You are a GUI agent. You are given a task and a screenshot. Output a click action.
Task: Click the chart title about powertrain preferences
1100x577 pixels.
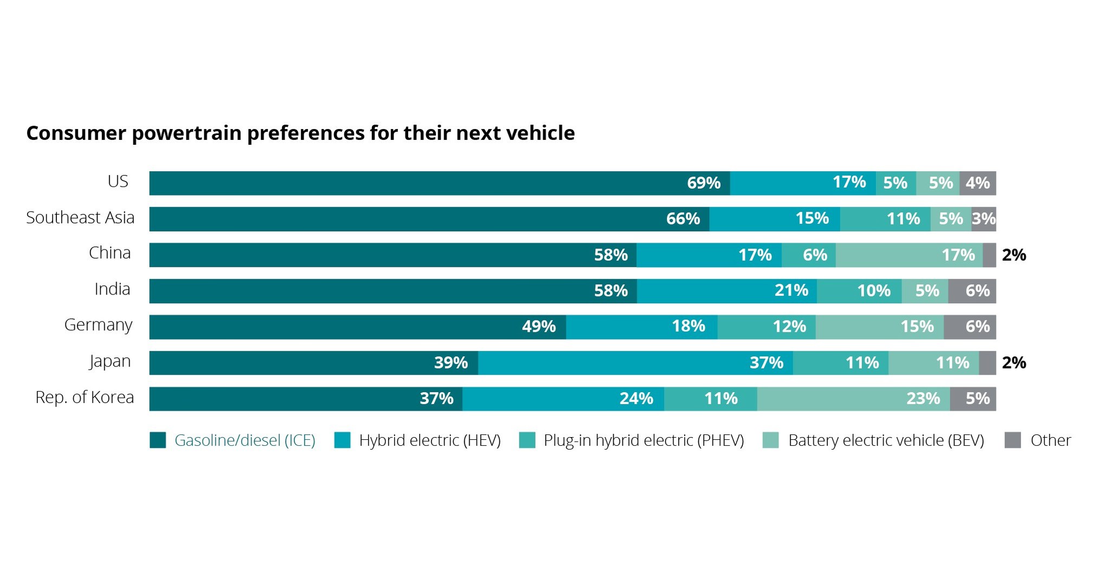coord(300,133)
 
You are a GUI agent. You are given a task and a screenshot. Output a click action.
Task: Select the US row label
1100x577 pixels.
coord(118,181)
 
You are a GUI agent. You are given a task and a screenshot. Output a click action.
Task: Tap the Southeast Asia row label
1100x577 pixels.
coord(80,217)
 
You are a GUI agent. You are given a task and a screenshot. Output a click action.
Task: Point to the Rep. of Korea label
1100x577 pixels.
coord(85,398)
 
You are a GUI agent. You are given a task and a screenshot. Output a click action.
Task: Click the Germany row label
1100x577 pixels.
coord(98,325)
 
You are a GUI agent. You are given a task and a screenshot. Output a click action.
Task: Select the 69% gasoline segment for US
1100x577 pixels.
coord(439,183)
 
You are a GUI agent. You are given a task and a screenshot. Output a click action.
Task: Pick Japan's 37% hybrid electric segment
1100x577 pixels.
coord(635,363)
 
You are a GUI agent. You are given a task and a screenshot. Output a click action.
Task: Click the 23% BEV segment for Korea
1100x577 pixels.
coord(853,399)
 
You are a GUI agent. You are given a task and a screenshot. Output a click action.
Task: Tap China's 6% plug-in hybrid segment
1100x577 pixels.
coord(808,255)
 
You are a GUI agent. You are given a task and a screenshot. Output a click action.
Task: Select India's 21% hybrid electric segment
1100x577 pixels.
coord(726,291)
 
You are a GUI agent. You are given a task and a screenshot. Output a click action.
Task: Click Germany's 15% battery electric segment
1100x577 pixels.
coord(879,327)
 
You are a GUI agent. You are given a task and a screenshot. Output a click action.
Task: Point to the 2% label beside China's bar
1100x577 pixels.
coord(1014,255)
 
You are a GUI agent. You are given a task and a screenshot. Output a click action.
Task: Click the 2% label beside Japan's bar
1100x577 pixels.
coord(1014,363)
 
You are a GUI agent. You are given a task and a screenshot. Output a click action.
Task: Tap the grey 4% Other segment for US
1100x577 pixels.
coord(977,183)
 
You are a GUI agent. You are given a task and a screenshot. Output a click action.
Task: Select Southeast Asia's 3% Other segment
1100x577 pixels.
coord(983,219)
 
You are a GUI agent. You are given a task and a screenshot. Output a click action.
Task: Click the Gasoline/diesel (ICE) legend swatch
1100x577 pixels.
coord(158,440)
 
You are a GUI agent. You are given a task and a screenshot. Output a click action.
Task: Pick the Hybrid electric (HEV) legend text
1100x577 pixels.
coord(429,440)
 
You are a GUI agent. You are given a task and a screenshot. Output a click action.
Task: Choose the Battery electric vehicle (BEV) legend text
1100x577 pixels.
coord(886,440)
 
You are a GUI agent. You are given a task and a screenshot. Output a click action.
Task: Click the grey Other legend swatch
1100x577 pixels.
coord(1012,440)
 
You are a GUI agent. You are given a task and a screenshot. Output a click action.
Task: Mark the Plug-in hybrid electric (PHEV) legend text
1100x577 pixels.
coord(644,440)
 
